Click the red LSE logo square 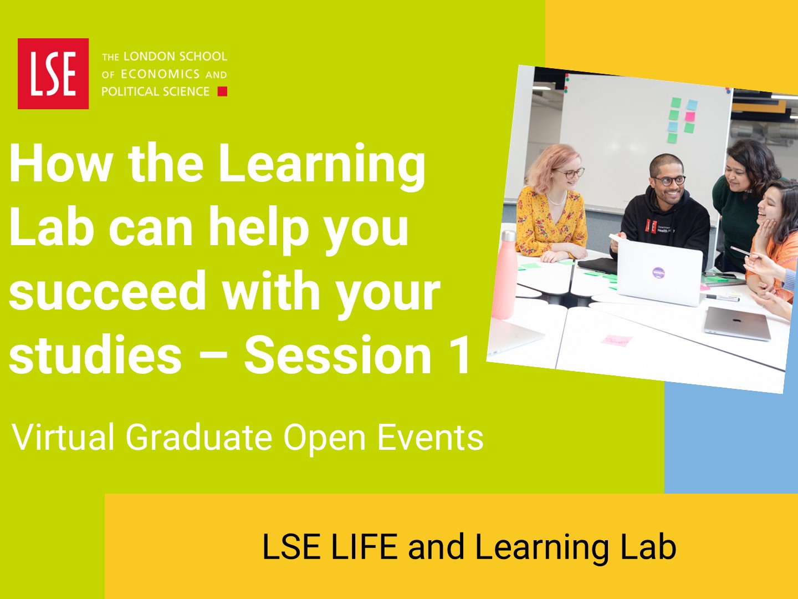pos(53,73)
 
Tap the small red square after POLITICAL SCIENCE pos(222,92)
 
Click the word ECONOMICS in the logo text pos(160,74)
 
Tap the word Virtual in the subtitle pos(63,437)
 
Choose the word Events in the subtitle pos(431,437)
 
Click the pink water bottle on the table pos(505,275)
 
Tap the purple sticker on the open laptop pos(658,272)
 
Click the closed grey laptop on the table pos(737,323)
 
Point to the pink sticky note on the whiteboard pos(690,116)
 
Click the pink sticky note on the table pos(617,340)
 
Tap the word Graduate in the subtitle pos(199,437)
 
